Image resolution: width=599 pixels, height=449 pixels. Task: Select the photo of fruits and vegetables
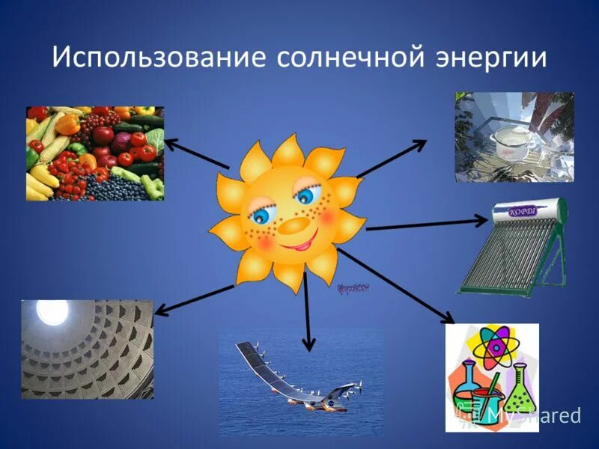[95, 153]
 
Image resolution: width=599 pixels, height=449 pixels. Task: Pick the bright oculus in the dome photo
[53, 313]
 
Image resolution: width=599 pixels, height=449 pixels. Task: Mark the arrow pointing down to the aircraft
[307, 311]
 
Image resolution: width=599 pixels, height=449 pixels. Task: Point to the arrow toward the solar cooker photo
[391, 159]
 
